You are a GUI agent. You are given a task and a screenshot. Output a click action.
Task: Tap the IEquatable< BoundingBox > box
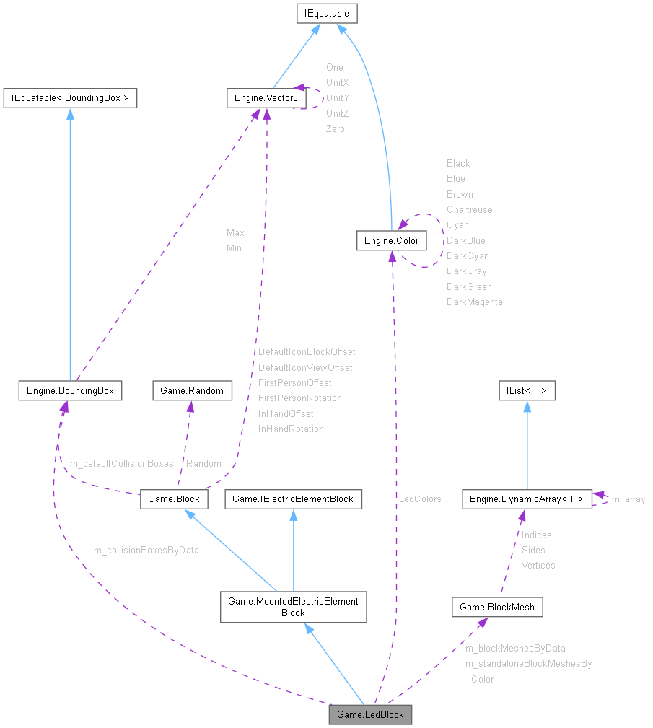(x=70, y=98)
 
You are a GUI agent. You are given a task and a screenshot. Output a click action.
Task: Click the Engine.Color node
(x=390, y=240)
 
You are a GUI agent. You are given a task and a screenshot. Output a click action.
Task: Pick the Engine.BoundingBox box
(x=70, y=390)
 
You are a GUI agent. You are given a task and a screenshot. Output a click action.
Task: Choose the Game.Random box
(x=191, y=390)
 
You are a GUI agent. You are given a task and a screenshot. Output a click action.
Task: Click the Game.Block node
(x=174, y=498)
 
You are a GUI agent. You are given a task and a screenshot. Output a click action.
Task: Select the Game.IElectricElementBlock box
(x=293, y=498)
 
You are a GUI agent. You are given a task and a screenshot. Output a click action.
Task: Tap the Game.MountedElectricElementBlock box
(x=293, y=607)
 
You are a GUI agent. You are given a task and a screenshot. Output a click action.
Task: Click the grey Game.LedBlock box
(x=370, y=714)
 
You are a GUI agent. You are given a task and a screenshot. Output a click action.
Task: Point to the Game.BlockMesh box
(x=497, y=607)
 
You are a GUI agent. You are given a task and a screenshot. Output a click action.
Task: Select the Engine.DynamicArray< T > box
(x=527, y=498)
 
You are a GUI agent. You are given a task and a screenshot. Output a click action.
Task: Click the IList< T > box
(x=527, y=390)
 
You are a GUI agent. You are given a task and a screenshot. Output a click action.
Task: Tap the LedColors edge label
(x=419, y=499)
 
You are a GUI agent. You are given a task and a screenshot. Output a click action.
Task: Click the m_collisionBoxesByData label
(x=146, y=550)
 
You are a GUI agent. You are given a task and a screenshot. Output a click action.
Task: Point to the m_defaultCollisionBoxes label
(x=121, y=463)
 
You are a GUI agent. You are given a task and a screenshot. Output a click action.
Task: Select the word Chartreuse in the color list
(x=469, y=209)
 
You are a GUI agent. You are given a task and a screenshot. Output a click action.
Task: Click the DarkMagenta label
(x=474, y=302)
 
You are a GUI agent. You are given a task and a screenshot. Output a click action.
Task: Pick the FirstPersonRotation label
(x=299, y=398)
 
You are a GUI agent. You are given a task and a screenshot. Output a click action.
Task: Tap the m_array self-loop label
(x=628, y=499)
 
